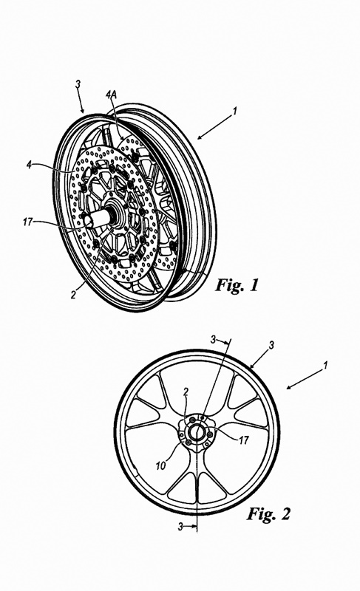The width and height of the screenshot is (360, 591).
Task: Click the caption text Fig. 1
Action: pyautogui.click(x=237, y=285)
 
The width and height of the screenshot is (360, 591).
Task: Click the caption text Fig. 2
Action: pyautogui.click(x=269, y=513)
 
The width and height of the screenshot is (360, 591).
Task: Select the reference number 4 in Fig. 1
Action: pyautogui.click(x=29, y=165)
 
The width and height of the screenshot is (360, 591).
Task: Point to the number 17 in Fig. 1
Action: pyautogui.click(x=28, y=222)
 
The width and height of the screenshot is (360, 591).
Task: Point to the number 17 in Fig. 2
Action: pyautogui.click(x=244, y=440)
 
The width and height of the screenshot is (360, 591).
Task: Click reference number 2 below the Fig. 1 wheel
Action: pyautogui.click(x=73, y=294)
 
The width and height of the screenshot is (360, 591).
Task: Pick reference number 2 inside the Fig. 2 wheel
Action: pyautogui.click(x=186, y=392)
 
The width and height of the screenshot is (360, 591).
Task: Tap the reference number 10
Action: pyautogui.click(x=160, y=466)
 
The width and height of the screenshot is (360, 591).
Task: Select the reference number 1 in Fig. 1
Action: pyautogui.click(x=234, y=112)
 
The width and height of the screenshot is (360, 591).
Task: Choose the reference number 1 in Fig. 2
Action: pyautogui.click(x=325, y=365)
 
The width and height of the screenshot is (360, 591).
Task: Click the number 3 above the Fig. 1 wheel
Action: pyautogui.click(x=78, y=84)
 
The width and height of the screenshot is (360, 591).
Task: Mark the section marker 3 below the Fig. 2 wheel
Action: pyautogui.click(x=180, y=527)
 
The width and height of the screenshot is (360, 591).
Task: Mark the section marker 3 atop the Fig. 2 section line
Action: pyautogui.click(x=214, y=340)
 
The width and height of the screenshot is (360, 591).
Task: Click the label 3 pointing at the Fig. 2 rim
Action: pyautogui.click(x=271, y=345)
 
